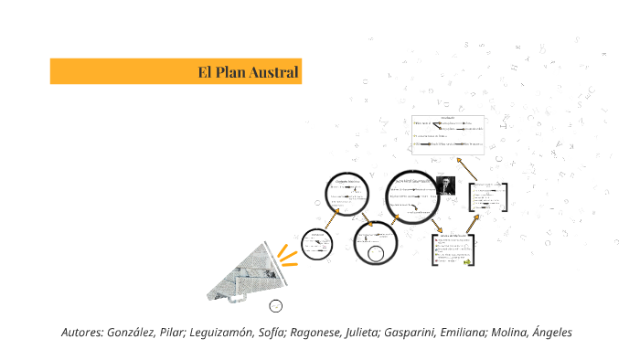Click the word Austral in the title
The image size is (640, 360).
coord(278,71)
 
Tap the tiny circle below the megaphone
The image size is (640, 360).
coord(276,305)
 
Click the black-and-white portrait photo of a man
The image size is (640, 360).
coord(445,186)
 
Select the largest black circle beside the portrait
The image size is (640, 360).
coord(411,196)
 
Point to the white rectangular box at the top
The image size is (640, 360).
coord(448,134)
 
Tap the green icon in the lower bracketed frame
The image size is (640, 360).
coord(466,261)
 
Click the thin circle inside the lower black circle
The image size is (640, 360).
coord(375,251)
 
